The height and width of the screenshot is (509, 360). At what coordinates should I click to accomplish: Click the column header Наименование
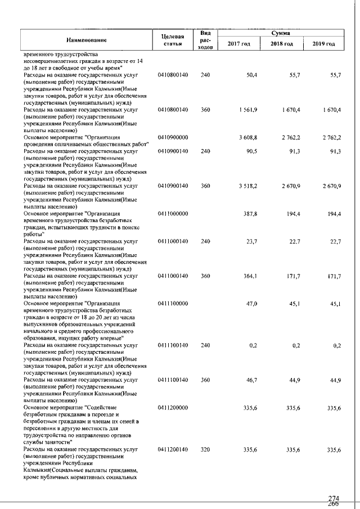86,39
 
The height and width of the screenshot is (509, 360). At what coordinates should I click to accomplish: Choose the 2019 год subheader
323,44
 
